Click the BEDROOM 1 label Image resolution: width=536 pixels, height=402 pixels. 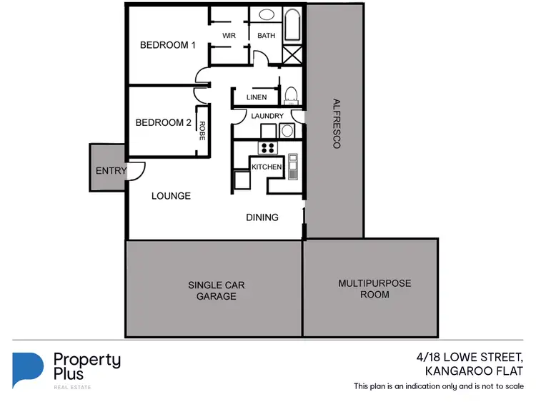(x=167, y=45)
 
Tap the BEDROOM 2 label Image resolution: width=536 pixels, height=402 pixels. (x=163, y=122)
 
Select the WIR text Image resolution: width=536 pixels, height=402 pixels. (x=229, y=35)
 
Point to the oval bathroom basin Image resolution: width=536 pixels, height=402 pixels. (x=266, y=14)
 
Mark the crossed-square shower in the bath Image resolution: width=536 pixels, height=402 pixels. (x=292, y=55)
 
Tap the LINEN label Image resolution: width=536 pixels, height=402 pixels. (x=256, y=97)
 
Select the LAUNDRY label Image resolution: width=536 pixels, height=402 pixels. (x=267, y=116)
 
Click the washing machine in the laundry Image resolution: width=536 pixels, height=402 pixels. (x=287, y=130)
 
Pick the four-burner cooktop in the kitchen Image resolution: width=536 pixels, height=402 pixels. (x=268, y=148)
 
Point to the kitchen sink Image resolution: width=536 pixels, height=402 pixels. (x=292, y=169)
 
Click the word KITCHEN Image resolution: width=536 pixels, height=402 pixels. (x=267, y=167)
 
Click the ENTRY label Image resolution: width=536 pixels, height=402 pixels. (x=110, y=170)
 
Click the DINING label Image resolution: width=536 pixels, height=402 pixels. (x=262, y=217)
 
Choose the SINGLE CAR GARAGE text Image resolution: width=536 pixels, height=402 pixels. (x=216, y=290)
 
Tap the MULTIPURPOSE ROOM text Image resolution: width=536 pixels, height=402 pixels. (x=374, y=289)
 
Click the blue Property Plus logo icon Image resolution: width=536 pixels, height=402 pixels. (x=28, y=369)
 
